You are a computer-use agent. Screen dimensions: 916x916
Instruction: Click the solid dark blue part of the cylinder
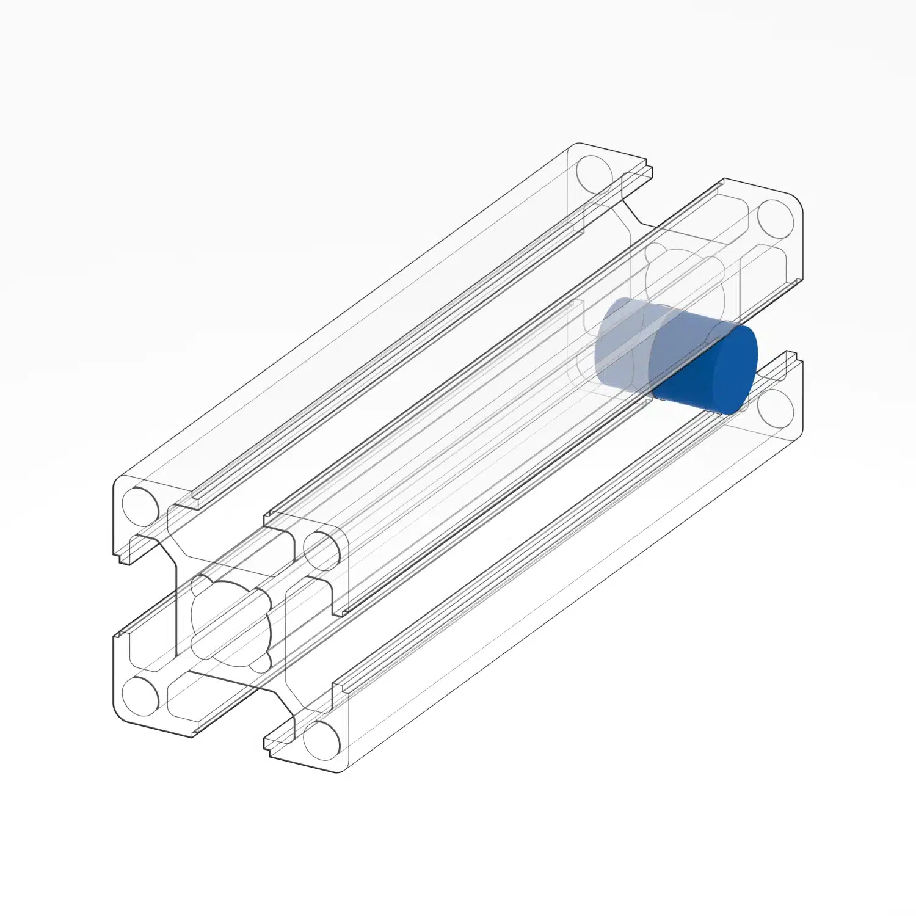(x=708, y=369)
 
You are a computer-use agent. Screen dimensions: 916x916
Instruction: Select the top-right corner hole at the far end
(x=776, y=218)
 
